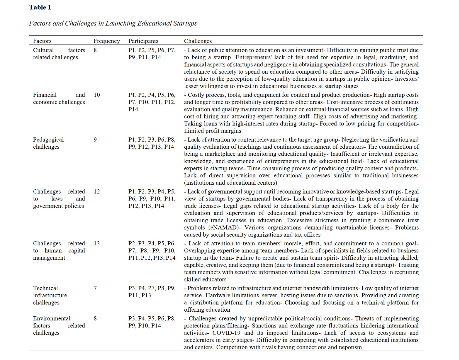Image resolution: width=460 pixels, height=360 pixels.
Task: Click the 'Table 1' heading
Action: point(40,7)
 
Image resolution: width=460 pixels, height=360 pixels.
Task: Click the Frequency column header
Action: point(107,41)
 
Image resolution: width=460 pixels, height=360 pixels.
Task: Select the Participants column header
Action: point(143,41)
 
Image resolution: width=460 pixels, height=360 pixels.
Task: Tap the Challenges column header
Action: point(198,41)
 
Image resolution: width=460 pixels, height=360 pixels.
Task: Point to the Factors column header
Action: point(42,41)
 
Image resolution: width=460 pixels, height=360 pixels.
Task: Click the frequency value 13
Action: point(97,243)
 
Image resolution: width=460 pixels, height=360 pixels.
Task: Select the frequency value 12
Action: point(97,191)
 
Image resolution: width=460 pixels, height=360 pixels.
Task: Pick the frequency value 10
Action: point(97,95)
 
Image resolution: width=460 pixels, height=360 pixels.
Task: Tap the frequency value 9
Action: point(95,140)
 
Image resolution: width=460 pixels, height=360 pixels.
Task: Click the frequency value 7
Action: point(95,288)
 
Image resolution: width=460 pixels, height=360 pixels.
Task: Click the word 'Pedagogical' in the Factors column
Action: point(48,140)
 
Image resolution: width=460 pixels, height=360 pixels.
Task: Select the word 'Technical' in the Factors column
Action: point(45,288)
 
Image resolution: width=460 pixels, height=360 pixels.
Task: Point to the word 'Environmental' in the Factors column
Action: point(52,318)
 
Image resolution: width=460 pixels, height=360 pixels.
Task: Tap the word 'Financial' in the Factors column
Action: point(45,95)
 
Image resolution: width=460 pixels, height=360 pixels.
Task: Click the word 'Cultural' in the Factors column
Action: point(43,50)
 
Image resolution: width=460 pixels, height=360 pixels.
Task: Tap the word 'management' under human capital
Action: point(49,258)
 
